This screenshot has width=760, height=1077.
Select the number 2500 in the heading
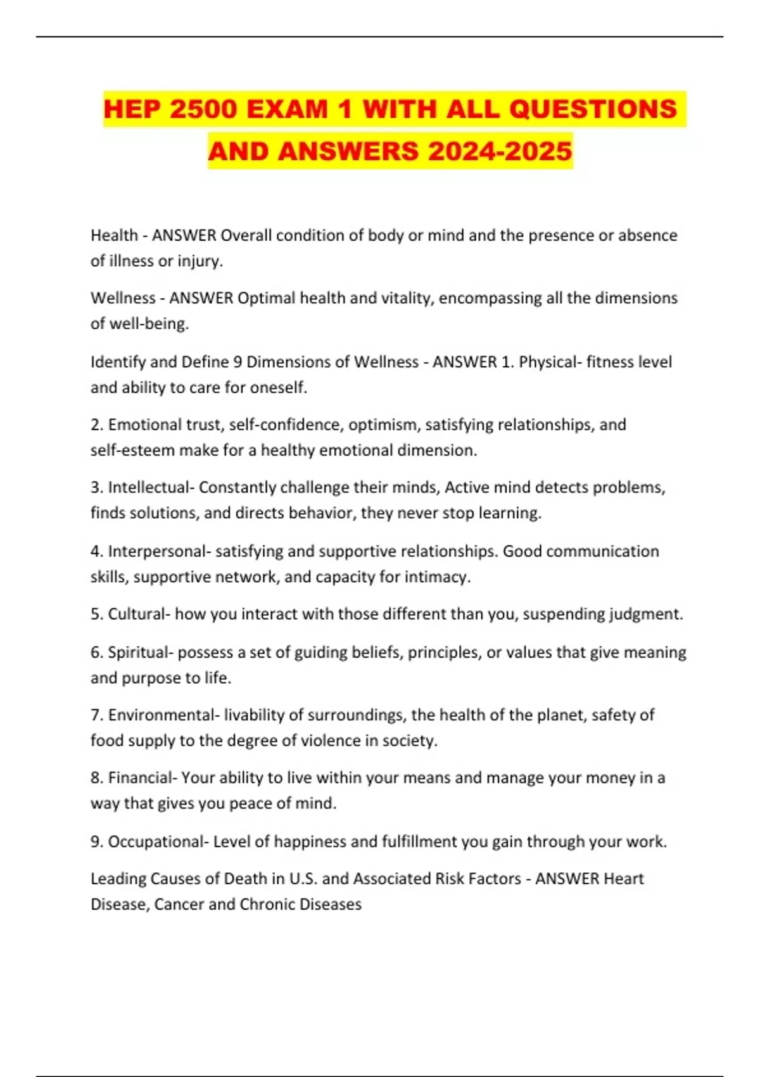click(204, 109)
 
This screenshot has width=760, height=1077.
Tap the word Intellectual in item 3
click(149, 487)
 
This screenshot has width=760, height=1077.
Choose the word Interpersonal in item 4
click(157, 551)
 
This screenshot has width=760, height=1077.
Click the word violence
click(330, 740)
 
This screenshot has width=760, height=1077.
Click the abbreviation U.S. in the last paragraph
click(303, 879)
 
